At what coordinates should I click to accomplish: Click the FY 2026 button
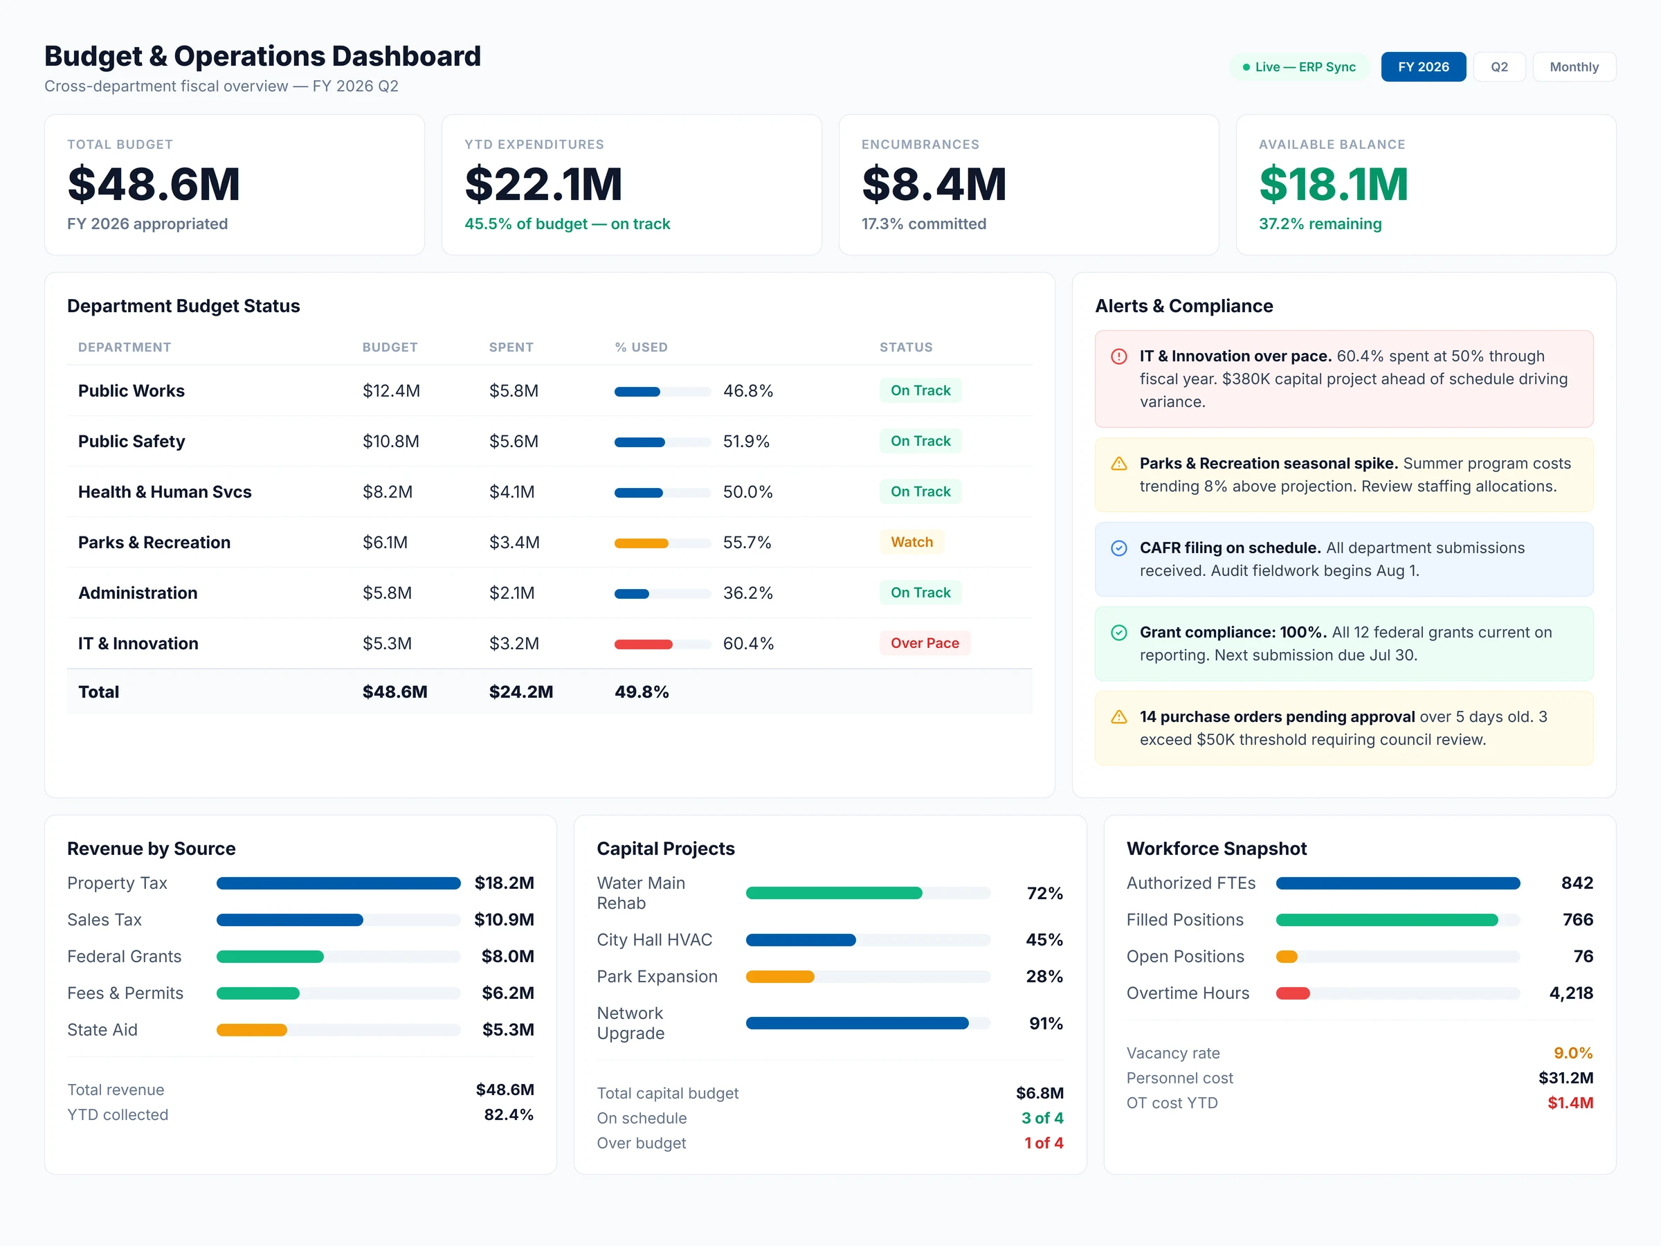tap(1422, 67)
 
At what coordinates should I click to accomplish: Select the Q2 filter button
tap(1499, 67)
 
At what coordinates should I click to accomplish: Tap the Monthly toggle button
tap(1574, 67)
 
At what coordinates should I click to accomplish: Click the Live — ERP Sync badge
tap(1299, 67)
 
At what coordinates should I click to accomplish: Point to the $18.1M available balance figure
tap(1333, 184)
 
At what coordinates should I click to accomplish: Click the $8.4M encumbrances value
tap(934, 184)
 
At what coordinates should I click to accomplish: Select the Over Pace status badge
tap(925, 643)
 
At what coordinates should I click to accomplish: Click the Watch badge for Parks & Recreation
tap(911, 542)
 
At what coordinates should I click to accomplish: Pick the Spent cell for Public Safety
tap(514, 442)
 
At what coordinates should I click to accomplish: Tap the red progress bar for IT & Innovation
tap(644, 644)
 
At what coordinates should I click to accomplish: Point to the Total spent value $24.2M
tap(520, 692)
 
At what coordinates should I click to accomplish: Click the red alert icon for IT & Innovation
tap(1119, 356)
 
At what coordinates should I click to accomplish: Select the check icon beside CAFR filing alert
tap(1119, 548)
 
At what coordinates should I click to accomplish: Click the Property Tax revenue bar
tap(338, 883)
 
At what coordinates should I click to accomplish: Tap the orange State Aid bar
tap(251, 1031)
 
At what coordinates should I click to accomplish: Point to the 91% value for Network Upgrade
tap(1045, 1023)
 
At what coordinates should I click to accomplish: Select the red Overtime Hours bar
tap(1292, 993)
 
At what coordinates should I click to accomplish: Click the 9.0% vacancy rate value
tap(1572, 1053)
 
